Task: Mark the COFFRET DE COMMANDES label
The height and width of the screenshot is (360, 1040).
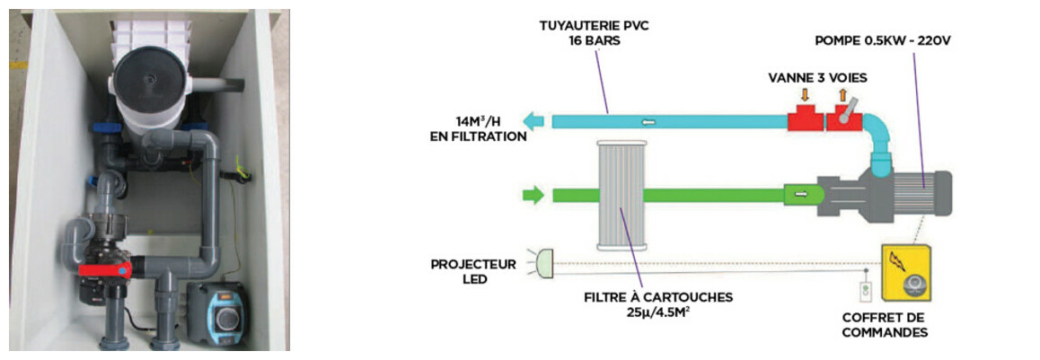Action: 885,325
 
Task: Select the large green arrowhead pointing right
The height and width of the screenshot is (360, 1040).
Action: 533,194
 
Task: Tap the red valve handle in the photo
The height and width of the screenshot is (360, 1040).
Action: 106,268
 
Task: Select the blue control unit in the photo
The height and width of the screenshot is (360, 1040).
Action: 217,314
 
